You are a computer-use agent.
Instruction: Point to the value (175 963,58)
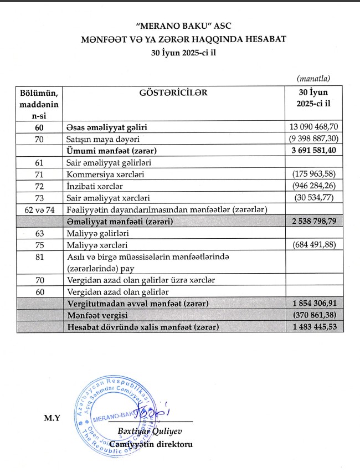(x=313, y=174)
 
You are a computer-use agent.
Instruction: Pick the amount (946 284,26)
(x=313, y=186)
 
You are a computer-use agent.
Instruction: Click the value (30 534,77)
(x=315, y=197)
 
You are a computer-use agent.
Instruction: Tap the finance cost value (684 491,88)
(x=313, y=244)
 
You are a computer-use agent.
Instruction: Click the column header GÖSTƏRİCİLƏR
(x=172, y=93)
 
